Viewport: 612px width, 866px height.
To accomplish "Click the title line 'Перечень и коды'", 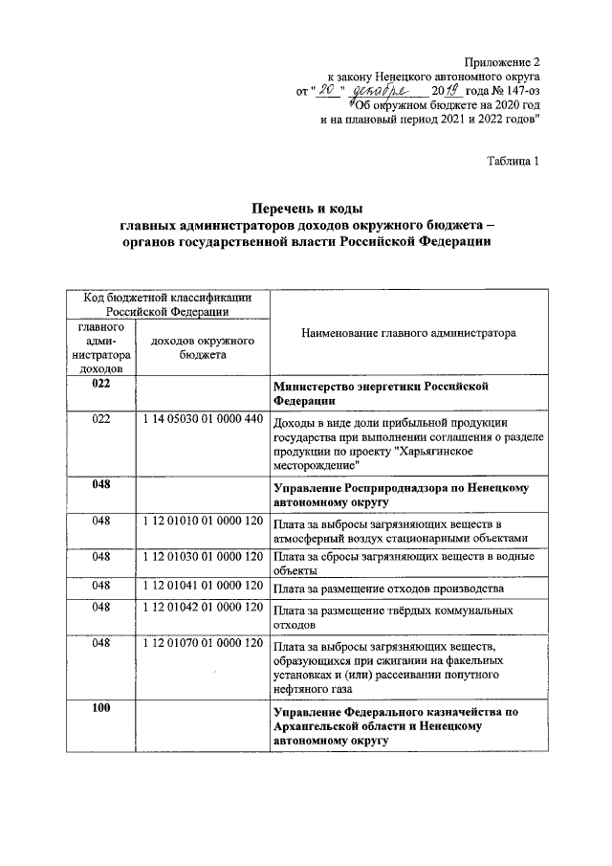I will [x=308, y=208].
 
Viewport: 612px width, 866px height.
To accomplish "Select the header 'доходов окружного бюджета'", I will [x=202, y=347].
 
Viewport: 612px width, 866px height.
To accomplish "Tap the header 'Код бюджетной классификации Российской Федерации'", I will [x=167, y=303].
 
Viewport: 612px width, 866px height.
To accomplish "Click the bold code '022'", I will [x=101, y=384].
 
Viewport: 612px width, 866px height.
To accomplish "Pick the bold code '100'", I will [x=101, y=708].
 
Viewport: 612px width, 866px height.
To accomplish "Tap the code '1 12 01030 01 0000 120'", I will [x=202, y=555].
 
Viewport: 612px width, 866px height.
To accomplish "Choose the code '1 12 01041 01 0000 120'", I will [x=202, y=584].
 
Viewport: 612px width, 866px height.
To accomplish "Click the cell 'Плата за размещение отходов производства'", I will [x=387, y=587].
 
